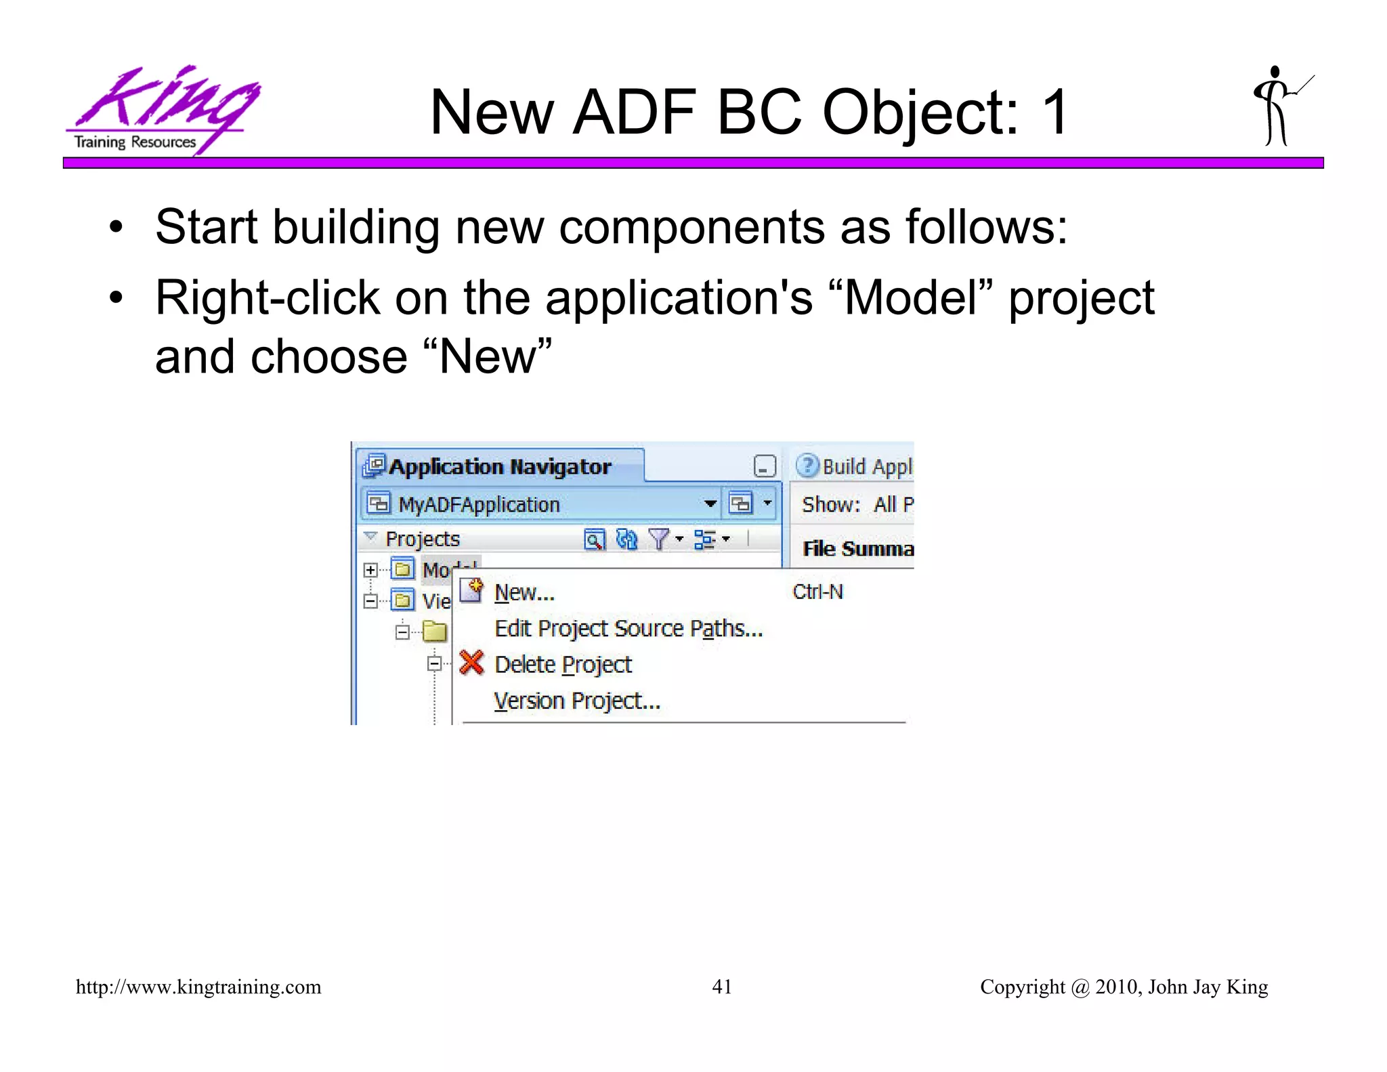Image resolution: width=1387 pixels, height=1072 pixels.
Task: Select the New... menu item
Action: [x=524, y=593]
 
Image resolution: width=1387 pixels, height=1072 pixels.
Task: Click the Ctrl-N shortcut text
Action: [x=817, y=592]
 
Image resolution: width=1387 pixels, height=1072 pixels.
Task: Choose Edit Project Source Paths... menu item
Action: [x=628, y=629]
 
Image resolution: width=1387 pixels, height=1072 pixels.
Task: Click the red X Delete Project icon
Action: [x=471, y=663]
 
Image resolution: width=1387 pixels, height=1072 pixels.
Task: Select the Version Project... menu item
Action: [x=577, y=701]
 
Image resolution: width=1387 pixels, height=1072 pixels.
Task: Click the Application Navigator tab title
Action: [x=499, y=467]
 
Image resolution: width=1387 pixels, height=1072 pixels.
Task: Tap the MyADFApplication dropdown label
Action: [x=479, y=505]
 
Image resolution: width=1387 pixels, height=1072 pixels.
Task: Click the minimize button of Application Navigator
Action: [x=764, y=467]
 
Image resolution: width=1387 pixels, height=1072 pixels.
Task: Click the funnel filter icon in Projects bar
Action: [x=658, y=539]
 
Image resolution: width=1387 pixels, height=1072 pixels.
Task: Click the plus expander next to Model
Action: [x=370, y=570]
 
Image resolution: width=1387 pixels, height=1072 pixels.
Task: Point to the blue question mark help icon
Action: [x=807, y=466]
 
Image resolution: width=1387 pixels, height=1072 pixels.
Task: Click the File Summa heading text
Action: [x=857, y=549]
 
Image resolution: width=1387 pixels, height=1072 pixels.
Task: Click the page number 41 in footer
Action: [x=721, y=987]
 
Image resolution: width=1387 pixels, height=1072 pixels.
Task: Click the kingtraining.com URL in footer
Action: [x=198, y=987]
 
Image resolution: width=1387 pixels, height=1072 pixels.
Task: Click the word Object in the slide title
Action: [x=920, y=114]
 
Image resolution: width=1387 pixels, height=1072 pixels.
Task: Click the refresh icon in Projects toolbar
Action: [x=626, y=539]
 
